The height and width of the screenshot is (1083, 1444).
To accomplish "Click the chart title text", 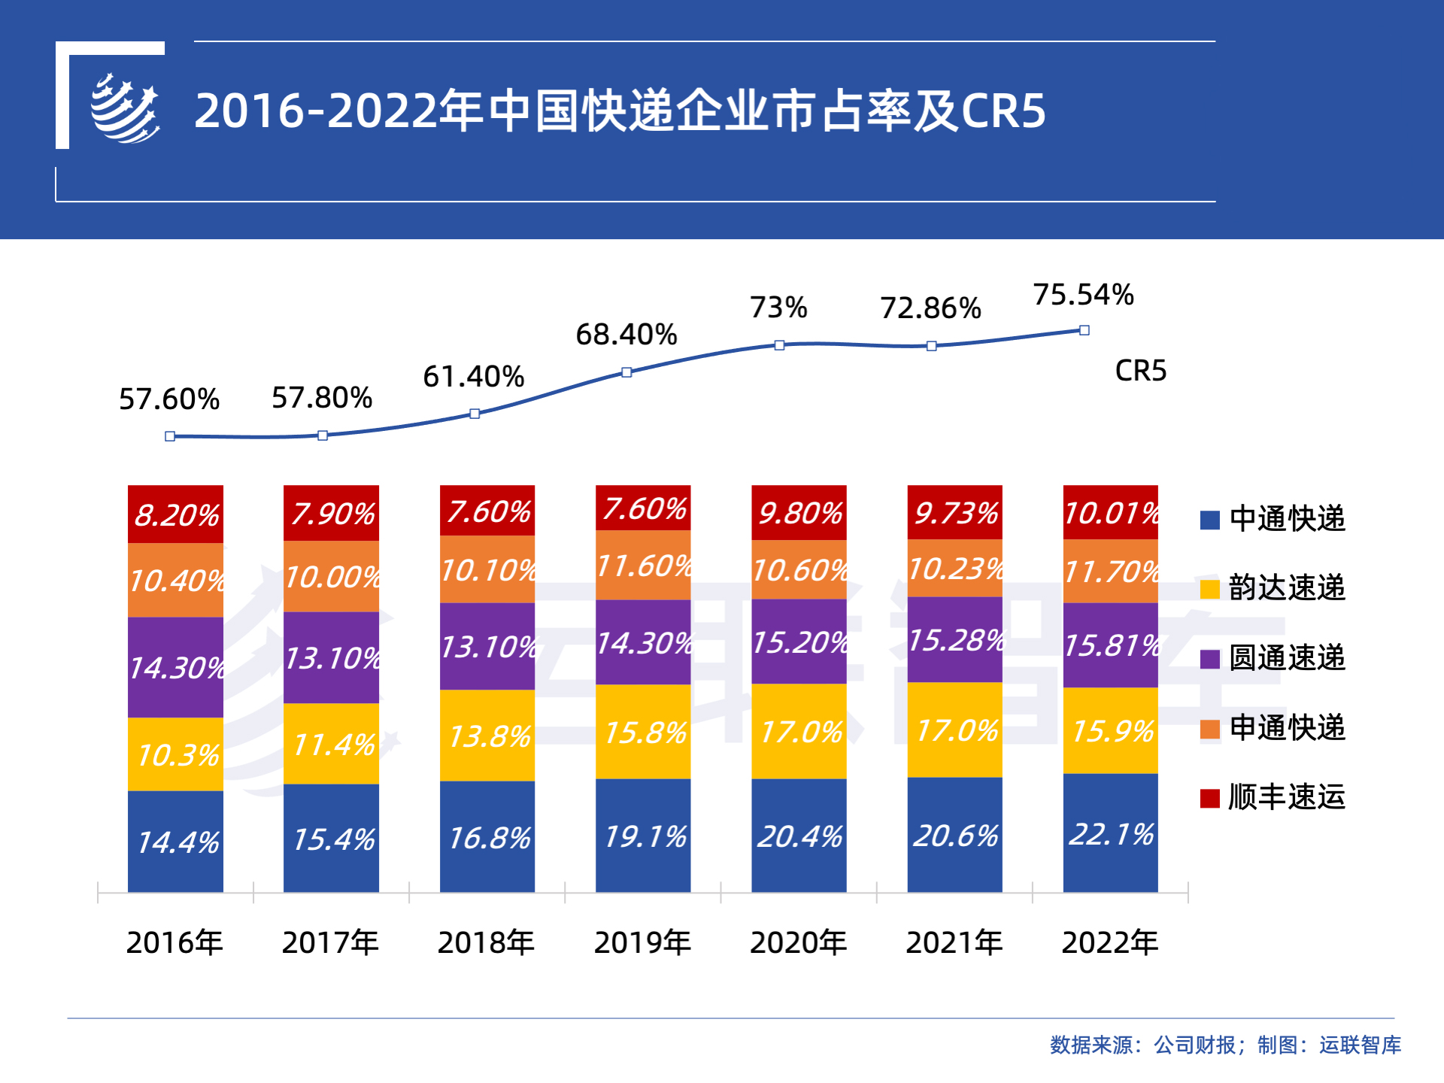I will point(620,111).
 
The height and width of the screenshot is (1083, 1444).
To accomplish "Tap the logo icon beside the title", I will point(125,109).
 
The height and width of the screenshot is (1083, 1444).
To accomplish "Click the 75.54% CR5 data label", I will point(1083,295).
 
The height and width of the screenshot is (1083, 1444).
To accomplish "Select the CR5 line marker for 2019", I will point(626,372).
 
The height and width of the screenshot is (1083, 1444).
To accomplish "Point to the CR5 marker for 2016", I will point(170,436).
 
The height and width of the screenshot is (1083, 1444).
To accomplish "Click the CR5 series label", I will point(1140,371).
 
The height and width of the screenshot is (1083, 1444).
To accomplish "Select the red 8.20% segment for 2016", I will point(175,514).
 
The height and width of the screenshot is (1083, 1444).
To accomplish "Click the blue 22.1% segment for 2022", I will point(1110,833).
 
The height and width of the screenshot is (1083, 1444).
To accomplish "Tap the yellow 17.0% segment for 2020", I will point(799,731).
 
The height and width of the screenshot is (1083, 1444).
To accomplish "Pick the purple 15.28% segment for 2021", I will point(954,640).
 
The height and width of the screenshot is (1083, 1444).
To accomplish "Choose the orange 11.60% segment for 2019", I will point(643,565).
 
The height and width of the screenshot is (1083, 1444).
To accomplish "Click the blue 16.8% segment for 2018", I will point(487,837).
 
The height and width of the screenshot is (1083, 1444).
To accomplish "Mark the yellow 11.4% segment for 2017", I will point(331,744).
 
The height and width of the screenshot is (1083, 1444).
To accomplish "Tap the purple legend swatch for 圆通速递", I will point(1209,659).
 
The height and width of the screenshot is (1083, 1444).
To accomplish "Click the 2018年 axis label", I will point(486,942).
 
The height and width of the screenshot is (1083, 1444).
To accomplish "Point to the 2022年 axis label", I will point(1109,942).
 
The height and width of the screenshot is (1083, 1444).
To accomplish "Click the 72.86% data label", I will point(930,308).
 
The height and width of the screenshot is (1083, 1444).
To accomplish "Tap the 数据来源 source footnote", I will point(1225,1045).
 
